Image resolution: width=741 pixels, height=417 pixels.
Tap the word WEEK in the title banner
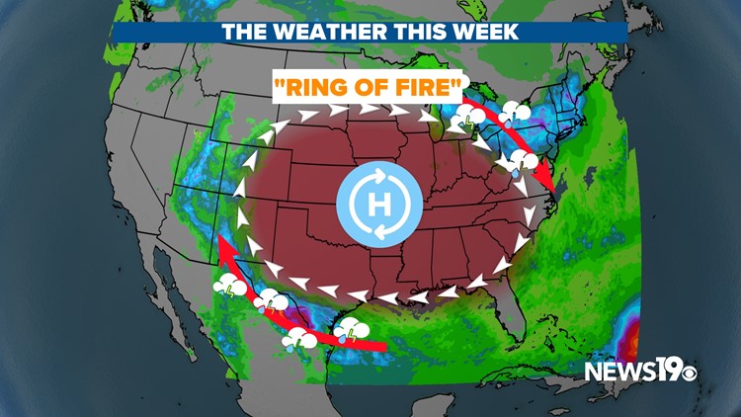pyautogui.click(x=483, y=32)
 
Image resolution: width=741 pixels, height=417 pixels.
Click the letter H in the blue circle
pyautogui.click(x=378, y=207)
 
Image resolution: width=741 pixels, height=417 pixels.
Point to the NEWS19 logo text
pyautogui.click(x=628, y=372)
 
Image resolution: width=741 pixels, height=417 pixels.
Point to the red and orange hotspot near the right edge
pyautogui.click(x=631, y=346)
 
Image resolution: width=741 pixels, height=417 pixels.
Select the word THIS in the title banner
pyautogui.click(x=415, y=32)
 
